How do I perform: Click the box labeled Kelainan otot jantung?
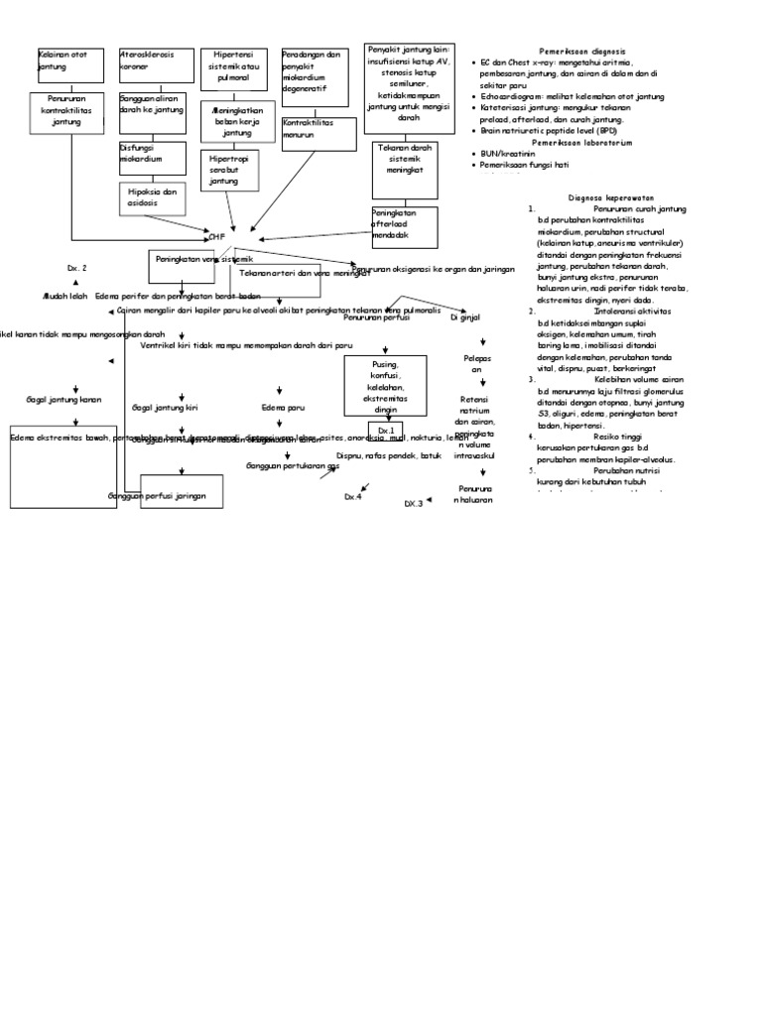coord(69,64)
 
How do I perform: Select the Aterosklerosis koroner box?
coord(153,64)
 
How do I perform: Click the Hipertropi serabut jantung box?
coord(229,170)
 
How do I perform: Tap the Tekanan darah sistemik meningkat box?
coord(404,163)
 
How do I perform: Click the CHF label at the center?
coord(216,237)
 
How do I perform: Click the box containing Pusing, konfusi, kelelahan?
coord(385,387)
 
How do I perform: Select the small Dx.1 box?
coord(386,431)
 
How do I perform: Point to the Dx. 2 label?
coord(77,269)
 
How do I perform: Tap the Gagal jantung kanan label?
coord(64,400)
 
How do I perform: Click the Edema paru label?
coord(283,407)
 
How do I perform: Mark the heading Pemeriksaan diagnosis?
coord(583,51)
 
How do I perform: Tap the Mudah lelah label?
coord(65,296)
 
